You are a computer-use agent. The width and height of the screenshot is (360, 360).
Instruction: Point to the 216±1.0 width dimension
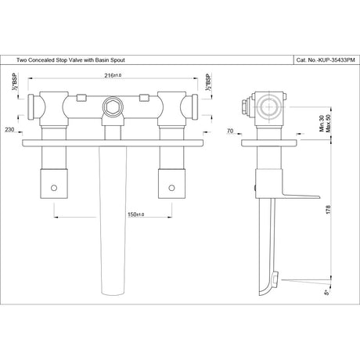(113, 77)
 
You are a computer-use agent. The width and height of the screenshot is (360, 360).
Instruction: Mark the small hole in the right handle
(170, 189)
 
